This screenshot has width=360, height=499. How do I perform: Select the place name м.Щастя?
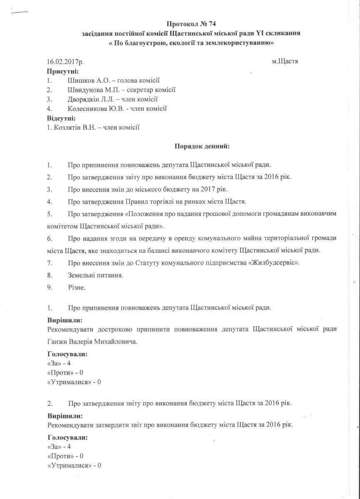285,61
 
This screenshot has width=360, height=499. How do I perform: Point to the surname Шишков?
80,80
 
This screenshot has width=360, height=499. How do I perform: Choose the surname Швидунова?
85,89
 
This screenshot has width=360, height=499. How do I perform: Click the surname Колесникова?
88,109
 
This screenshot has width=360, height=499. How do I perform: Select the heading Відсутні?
61,118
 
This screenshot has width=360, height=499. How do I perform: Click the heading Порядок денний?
201,146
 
